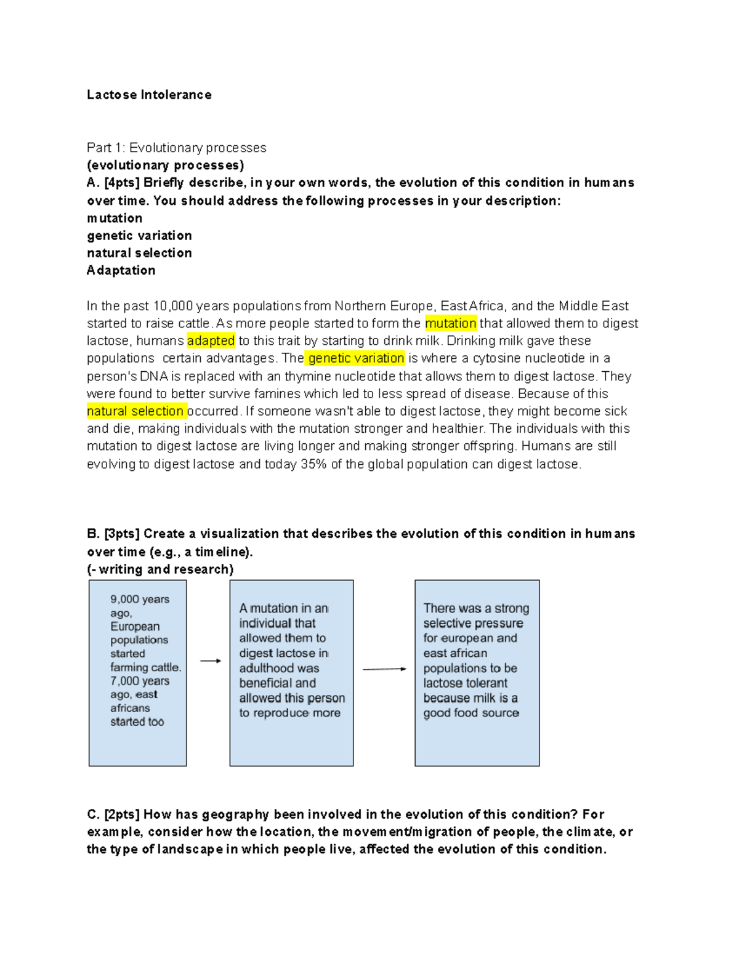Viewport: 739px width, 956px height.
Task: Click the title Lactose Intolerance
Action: [x=149, y=95]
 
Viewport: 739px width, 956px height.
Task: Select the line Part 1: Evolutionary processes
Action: [x=176, y=148]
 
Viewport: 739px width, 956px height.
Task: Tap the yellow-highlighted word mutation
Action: [x=450, y=323]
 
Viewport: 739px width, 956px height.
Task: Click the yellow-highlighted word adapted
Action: [x=211, y=340]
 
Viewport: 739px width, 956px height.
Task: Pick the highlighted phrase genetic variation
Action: [x=356, y=358]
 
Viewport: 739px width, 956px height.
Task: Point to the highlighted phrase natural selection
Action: [x=135, y=411]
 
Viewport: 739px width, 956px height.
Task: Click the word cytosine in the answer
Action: [x=497, y=358]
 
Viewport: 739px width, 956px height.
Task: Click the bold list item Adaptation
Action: [x=121, y=270]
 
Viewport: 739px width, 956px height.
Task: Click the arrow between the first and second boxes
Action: [x=210, y=661]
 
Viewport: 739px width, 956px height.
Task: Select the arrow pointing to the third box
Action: [x=384, y=669]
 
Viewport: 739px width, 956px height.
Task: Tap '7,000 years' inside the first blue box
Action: [x=140, y=681]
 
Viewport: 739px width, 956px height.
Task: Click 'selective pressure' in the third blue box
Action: [x=473, y=623]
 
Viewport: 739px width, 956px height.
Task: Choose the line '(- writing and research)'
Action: [x=160, y=569]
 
